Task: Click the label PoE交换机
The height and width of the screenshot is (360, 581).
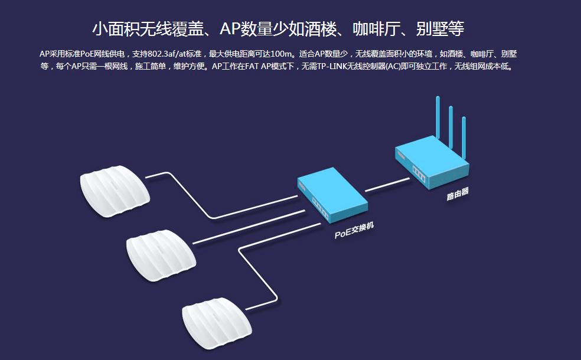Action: click(x=354, y=231)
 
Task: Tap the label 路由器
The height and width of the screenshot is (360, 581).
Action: click(x=458, y=194)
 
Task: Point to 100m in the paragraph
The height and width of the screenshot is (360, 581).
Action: click(x=282, y=54)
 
